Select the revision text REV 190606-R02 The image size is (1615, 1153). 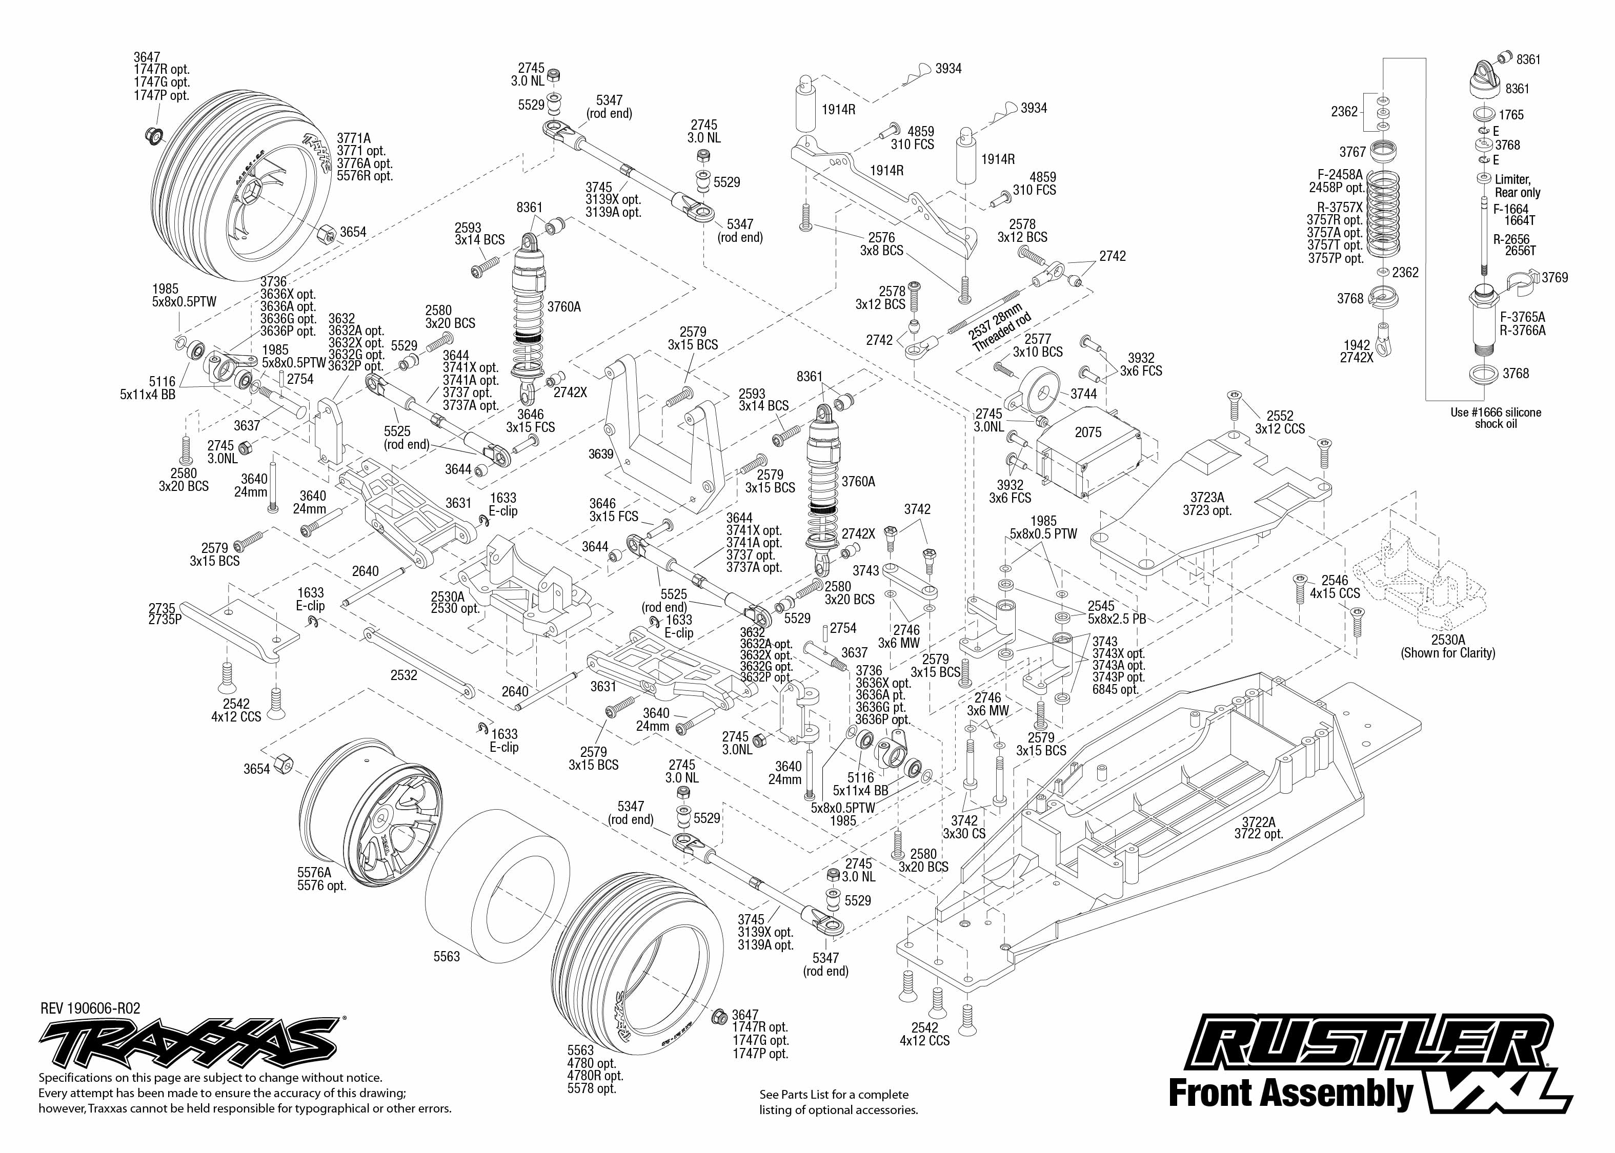[90, 1008]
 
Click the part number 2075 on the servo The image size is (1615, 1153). [1087, 433]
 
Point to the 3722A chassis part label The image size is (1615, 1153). [1259, 822]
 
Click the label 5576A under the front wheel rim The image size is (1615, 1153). [314, 873]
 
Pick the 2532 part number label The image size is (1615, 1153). [403, 675]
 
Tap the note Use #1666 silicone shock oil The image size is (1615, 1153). [1496, 418]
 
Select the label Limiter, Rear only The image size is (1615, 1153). [1517, 186]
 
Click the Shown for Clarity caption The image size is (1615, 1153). [1447, 652]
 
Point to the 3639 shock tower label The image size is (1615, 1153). [600, 454]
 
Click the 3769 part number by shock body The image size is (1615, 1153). [1555, 278]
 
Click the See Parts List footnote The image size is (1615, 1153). [838, 1102]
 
